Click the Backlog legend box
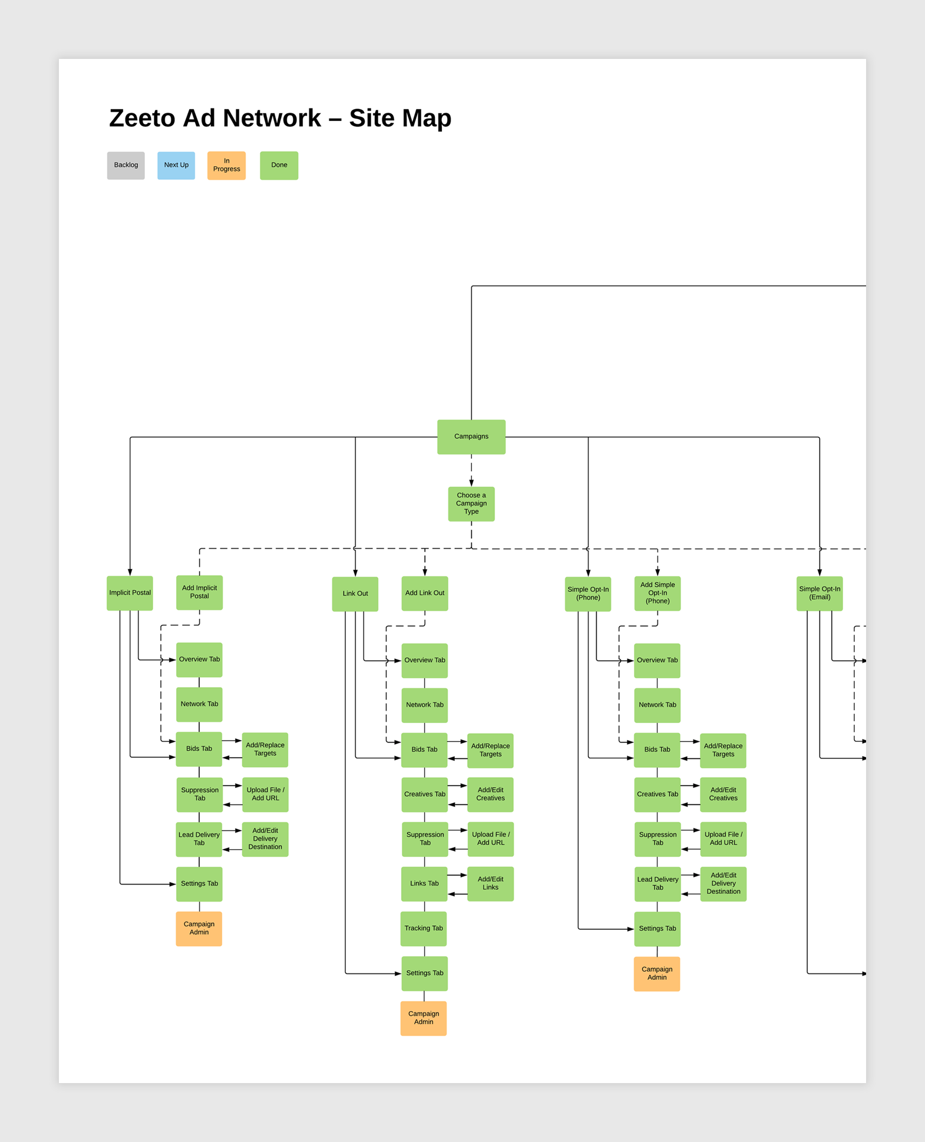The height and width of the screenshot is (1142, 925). (125, 166)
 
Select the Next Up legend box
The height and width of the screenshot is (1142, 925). (176, 166)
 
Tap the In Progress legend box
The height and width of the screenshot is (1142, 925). (226, 166)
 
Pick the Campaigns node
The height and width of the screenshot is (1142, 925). (471, 437)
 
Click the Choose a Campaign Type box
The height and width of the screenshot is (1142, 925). (471, 504)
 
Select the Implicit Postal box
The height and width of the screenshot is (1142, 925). (130, 593)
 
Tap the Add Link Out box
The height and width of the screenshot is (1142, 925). (424, 593)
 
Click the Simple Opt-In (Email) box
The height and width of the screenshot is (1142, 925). (819, 593)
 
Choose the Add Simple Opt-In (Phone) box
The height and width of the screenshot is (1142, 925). (657, 593)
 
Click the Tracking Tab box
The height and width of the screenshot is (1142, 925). (424, 929)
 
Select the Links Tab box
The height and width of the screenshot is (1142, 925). (424, 884)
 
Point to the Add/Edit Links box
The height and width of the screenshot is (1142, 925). (490, 884)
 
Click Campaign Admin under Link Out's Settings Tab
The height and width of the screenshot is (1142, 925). (423, 1018)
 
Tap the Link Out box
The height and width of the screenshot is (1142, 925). (355, 594)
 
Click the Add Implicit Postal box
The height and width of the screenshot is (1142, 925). (199, 593)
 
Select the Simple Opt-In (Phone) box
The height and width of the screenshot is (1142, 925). (587, 594)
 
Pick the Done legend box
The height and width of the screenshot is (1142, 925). (279, 166)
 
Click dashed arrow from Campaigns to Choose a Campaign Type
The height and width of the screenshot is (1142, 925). (471, 470)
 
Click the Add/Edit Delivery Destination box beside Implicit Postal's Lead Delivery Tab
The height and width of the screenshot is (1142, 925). (265, 839)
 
